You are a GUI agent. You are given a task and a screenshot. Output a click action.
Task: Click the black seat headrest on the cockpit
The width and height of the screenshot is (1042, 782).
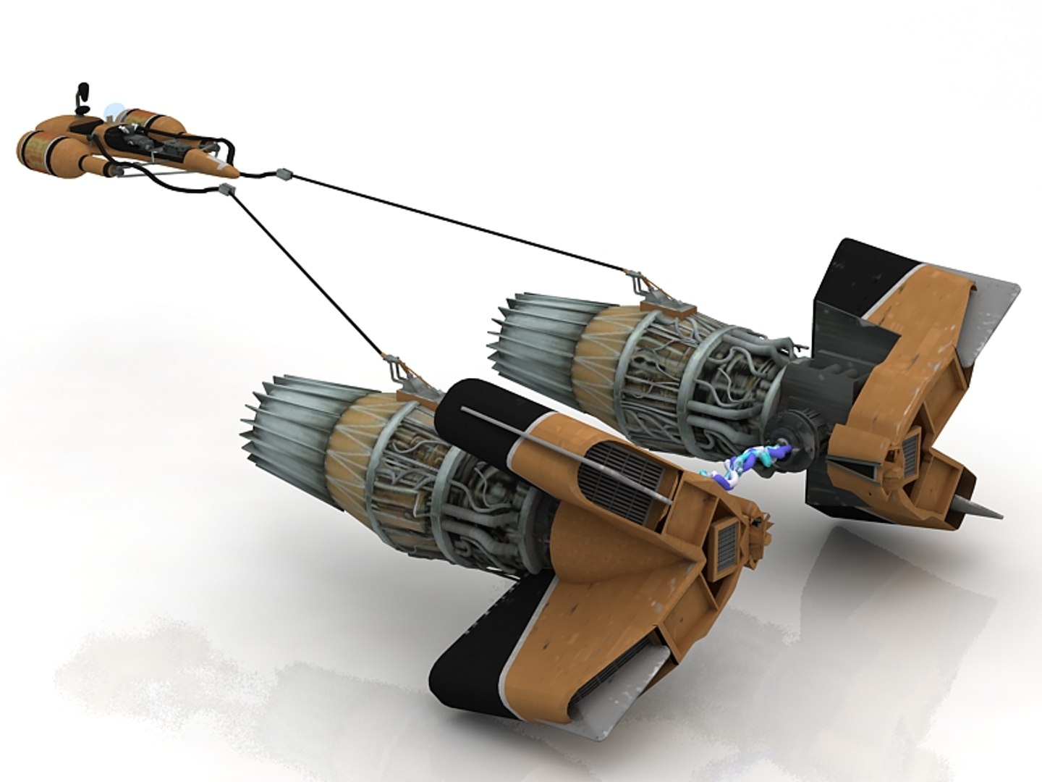pyautogui.click(x=82, y=94)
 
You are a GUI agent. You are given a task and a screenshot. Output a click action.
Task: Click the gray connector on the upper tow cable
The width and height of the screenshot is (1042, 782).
pyautogui.click(x=285, y=174)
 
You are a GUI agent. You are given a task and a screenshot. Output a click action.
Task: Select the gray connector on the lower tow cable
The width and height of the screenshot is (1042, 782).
pyautogui.click(x=228, y=190)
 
